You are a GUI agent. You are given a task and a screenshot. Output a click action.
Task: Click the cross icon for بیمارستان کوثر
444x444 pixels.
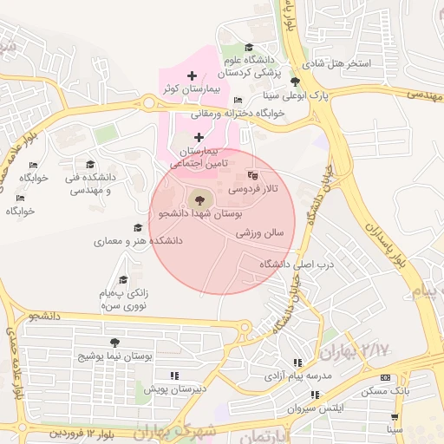[x=192, y=76]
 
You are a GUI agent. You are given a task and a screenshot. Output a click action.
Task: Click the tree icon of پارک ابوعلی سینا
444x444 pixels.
[x=295, y=82]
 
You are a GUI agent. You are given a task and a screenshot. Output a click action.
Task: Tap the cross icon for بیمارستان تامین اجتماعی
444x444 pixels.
[x=199, y=137]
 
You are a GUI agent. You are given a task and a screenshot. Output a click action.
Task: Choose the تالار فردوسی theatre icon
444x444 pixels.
[x=252, y=173]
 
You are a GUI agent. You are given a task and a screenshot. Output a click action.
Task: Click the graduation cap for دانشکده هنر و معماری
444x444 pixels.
[x=137, y=228]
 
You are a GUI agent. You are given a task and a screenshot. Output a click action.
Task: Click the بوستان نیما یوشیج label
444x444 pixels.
[x=116, y=356]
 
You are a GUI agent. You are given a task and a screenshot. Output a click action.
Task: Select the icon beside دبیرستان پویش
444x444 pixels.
[x=174, y=375]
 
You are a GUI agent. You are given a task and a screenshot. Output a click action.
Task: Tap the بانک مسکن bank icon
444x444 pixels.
[x=385, y=378]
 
